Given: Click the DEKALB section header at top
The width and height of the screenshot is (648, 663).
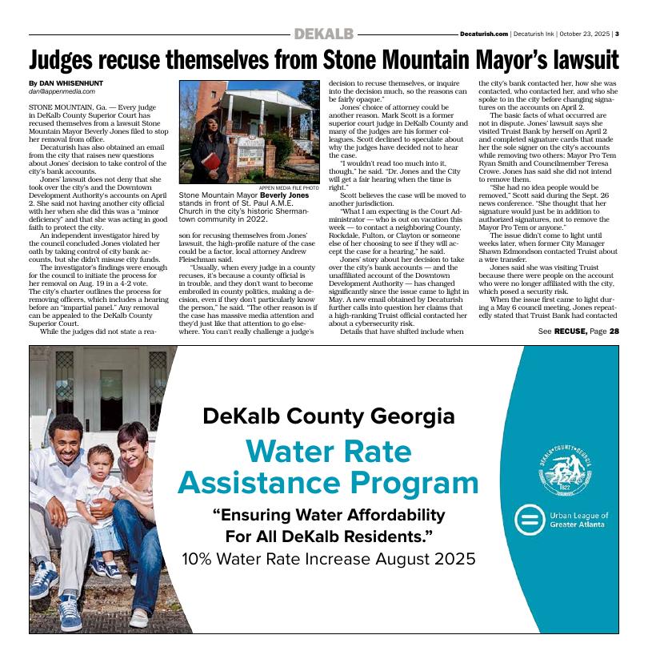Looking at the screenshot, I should point(323,34).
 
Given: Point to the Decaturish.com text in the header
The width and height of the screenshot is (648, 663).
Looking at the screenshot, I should point(484,34).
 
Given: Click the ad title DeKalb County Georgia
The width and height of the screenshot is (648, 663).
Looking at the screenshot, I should point(329,416).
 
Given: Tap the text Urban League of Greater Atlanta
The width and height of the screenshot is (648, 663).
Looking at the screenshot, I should point(579,521).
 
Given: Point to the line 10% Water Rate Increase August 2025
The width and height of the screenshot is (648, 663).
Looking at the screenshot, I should point(329,558).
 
